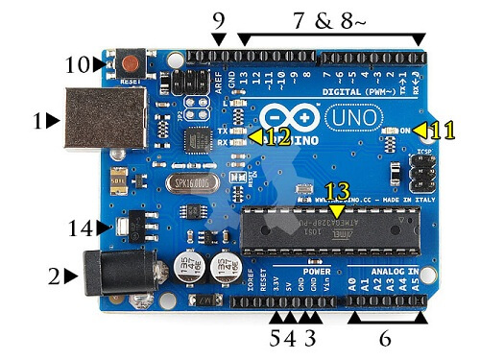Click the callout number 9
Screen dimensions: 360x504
220,18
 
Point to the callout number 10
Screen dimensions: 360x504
76,65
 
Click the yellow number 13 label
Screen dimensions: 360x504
338,191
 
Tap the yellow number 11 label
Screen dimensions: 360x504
443,129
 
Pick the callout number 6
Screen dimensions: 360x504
386,338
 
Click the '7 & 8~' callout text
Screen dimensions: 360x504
331,18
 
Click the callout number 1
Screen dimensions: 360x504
38,121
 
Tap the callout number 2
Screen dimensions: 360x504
55,276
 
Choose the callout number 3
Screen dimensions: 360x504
309,338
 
